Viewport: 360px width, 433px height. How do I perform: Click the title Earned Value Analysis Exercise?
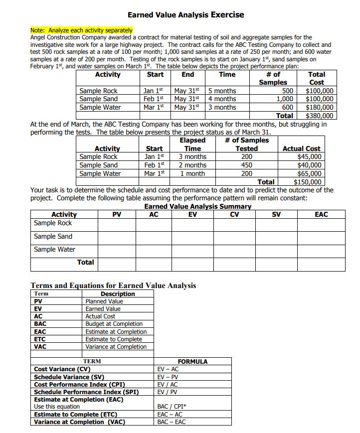point(185,14)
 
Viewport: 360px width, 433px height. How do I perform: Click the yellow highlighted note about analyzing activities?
point(82,30)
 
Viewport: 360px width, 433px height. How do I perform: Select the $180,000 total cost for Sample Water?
point(319,107)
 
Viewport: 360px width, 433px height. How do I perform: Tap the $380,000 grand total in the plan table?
point(319,116)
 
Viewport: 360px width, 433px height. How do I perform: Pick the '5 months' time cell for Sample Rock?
point(222,91)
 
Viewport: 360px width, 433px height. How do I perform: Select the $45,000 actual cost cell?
point(309,156)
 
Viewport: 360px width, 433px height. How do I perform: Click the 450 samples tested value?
point(246,165)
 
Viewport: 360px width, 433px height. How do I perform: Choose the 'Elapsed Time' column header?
point(192,144)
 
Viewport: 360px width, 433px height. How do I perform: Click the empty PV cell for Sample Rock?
point(117,224)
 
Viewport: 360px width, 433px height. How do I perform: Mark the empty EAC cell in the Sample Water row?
point(322,251)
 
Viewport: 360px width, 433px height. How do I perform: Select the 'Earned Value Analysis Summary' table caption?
point(197,206)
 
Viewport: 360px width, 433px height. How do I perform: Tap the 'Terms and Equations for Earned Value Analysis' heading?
point(113,286)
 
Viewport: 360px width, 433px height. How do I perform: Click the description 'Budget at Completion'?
point(114,324)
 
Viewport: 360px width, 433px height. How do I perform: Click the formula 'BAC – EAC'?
point(172,422)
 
